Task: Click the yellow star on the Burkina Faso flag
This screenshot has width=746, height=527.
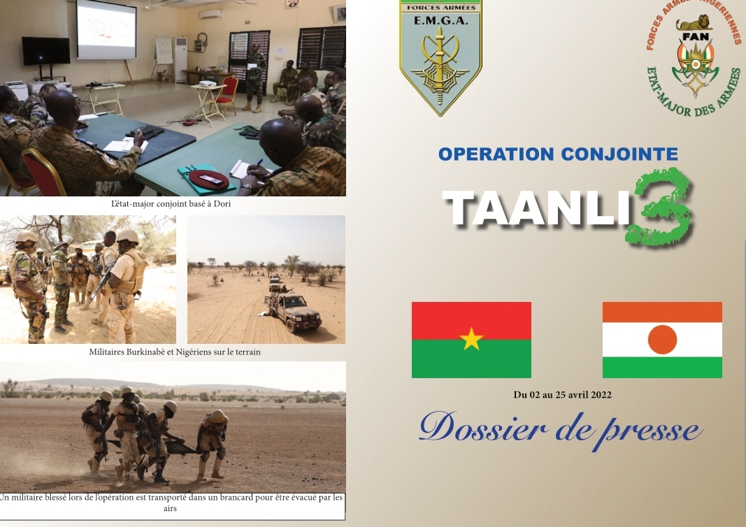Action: click(x=471, y=338)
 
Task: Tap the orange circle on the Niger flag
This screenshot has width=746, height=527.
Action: click(x=662, y=340)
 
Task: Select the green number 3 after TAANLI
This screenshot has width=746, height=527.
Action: click(x=659, y=207)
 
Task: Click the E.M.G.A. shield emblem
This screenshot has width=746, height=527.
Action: click(x=440, y=57)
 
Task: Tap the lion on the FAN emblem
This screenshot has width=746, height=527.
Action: click(x=695, y=23)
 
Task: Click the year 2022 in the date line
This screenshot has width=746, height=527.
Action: click(x=601, y=395)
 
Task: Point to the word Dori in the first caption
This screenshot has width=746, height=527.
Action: click(x=222, y=203)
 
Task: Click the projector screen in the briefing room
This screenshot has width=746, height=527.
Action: click(x=106, y=29)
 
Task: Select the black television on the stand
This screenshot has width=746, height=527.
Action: click(x=46, y=51)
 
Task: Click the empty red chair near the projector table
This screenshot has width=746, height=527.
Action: click(x=227, y=94)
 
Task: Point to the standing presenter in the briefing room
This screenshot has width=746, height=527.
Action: click(x=255, y=77)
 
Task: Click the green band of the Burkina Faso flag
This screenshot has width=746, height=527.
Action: click(x=471, y=359)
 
